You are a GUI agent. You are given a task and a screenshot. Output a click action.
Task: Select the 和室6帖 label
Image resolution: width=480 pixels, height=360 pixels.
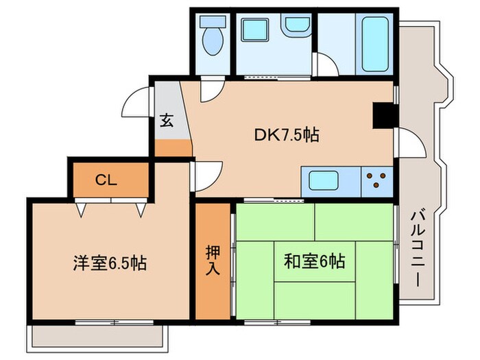314,261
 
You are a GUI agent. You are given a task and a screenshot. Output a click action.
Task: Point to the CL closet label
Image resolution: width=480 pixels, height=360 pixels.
106,180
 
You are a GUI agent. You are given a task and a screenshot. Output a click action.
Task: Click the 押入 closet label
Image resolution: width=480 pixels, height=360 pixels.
213,260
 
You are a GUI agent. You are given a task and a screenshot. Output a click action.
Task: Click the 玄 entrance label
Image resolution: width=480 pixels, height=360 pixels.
167,121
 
